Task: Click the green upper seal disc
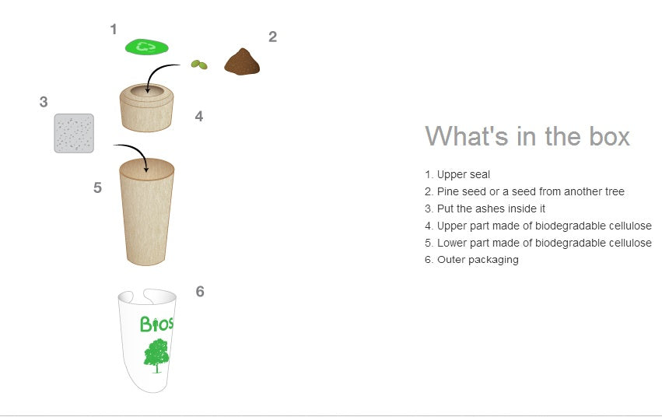coord(146,47)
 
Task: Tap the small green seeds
coord(199,65)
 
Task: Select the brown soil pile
coord(242,61)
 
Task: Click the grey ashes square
coord(74,133)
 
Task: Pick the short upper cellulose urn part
coord(146,108)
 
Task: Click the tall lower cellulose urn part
coord(146,212)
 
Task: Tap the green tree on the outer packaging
coord(156,356)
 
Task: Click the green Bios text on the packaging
coord(156,324)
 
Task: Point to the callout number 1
coord(113,29)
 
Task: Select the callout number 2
coord(273,37)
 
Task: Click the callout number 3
coord(44,102)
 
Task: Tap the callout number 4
coord(199,116)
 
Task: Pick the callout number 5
coord(97,187)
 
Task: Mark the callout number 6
coord(200,291)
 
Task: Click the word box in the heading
coord(609,136)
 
